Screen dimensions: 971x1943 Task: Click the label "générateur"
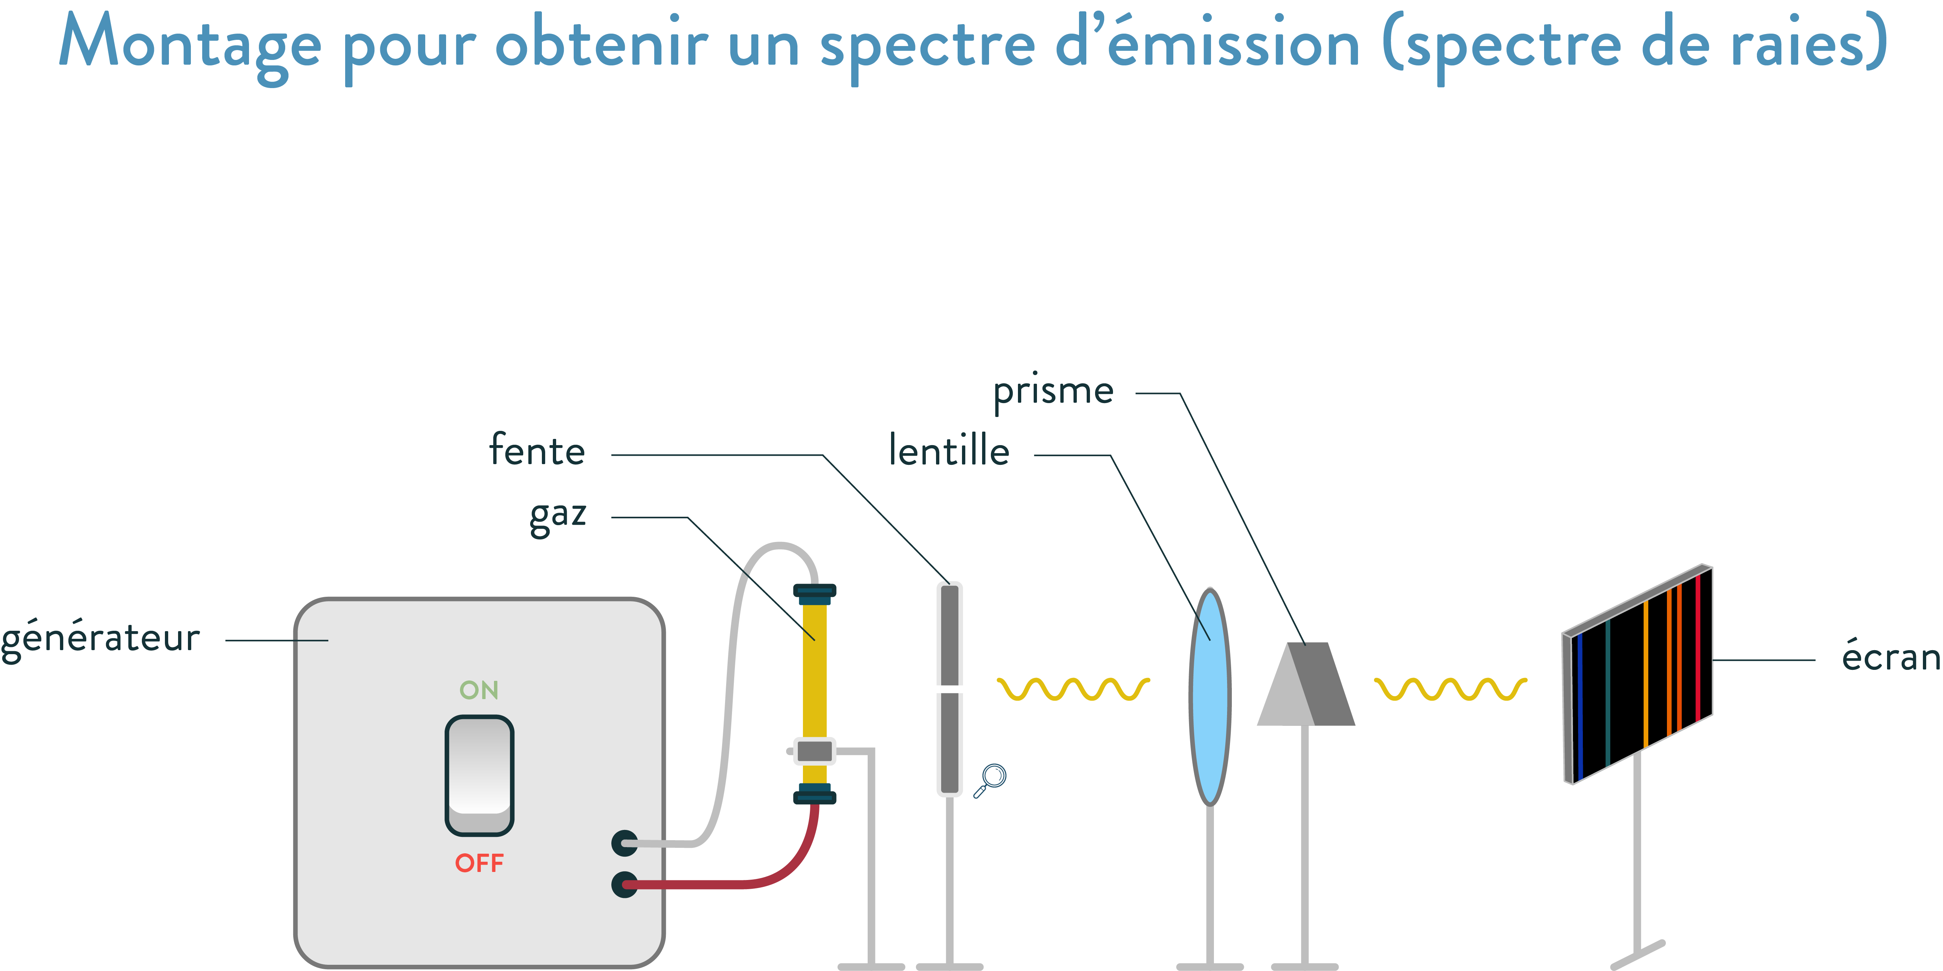100,639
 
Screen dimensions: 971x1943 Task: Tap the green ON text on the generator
479,690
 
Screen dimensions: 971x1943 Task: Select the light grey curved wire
728,679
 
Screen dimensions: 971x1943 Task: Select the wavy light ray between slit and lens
1072,688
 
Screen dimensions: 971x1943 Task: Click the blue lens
1210,697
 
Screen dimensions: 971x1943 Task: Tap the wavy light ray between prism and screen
1450,688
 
